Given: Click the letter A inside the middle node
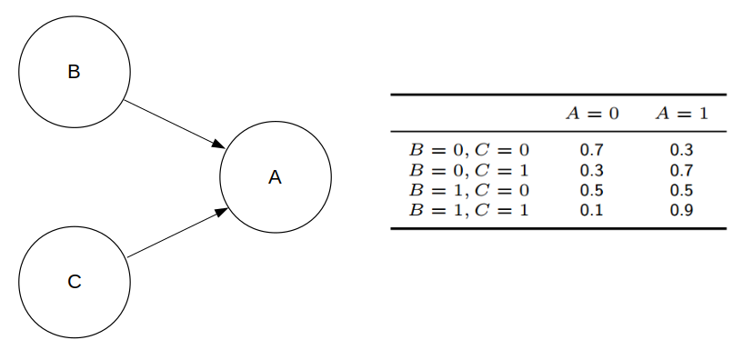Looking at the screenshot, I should point(275,178).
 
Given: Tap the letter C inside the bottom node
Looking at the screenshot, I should point(75,282).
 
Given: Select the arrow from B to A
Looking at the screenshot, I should point(173,124).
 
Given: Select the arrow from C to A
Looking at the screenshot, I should point(173,233).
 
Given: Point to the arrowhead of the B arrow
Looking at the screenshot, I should point(219,145).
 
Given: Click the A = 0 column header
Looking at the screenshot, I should point(592,114).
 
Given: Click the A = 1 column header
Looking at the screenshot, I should point(681,114).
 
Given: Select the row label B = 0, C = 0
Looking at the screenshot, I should point(470,148).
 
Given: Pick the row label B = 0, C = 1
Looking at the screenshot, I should point(470,170).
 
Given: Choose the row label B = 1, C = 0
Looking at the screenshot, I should point(470,191).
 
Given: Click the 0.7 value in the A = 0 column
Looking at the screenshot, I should point(592,148).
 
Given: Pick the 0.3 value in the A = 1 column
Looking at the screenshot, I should point(681,148).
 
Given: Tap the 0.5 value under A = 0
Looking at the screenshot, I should point(592,191).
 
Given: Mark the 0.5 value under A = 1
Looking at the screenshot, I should point(681,191).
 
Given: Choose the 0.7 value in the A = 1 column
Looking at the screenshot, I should point(681,170).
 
